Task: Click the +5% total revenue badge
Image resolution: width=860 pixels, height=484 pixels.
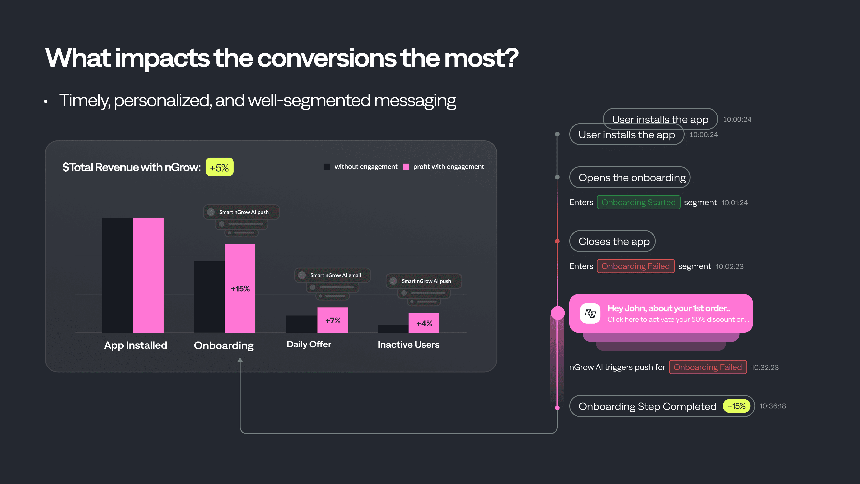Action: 219,167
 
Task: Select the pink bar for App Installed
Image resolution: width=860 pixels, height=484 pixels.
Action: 148,275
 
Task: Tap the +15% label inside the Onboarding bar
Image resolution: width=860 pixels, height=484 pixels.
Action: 240,289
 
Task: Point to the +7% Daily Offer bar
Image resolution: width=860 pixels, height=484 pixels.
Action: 333,320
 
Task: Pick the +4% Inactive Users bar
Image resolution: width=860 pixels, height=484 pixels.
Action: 424,323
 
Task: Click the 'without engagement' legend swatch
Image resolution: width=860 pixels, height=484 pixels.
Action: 327,167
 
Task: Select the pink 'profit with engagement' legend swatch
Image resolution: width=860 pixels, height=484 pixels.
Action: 406,167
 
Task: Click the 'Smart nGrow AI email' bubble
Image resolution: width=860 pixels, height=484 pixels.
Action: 332,275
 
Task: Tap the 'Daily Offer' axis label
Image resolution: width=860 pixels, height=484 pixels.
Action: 309,344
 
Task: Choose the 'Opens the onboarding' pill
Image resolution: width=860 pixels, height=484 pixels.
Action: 629,177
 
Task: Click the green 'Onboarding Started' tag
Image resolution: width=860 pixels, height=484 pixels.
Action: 638,202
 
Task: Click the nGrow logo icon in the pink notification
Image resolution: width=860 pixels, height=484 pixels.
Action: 590,313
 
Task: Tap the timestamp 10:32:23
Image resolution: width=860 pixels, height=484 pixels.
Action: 765,367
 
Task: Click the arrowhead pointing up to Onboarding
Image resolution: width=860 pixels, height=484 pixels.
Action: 240,360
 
